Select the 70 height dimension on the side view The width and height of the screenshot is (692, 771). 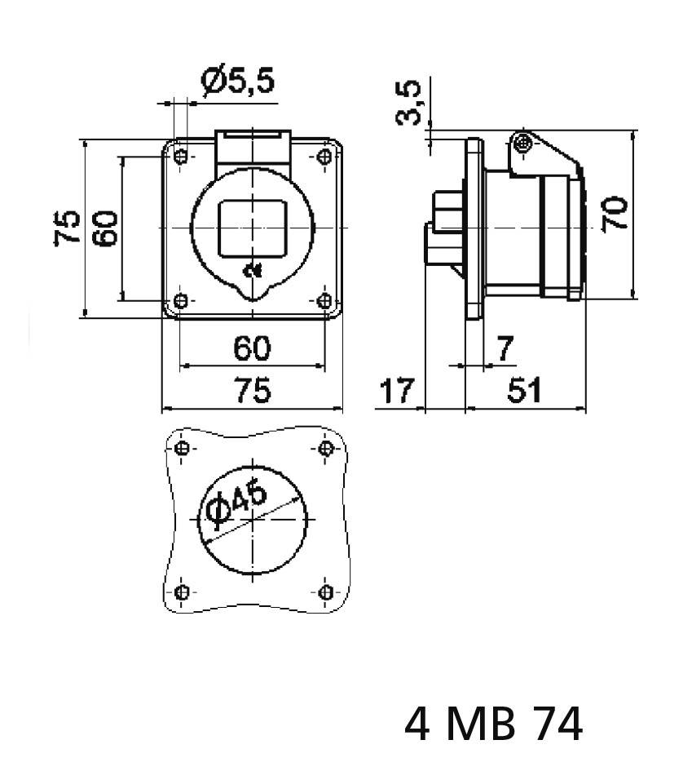pyautogui.click(x=616, y=214)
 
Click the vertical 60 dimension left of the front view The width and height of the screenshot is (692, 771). pyautogui.click(x=106, y=227)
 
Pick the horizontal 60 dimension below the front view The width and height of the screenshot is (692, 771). pyautogui.click(x=252, y=348)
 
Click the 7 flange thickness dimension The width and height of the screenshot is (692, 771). pyautogui.click(x=505, y=349)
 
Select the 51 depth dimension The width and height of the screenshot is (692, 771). pyautogui.click(x=524, y=392)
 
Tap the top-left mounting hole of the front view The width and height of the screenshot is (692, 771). pyautogui.click(x=181, y=156)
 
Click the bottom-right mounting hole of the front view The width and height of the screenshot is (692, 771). pyautogui.click(x=325, y=300)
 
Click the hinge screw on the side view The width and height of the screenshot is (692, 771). pyautogui.click(x=523, y=144)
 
